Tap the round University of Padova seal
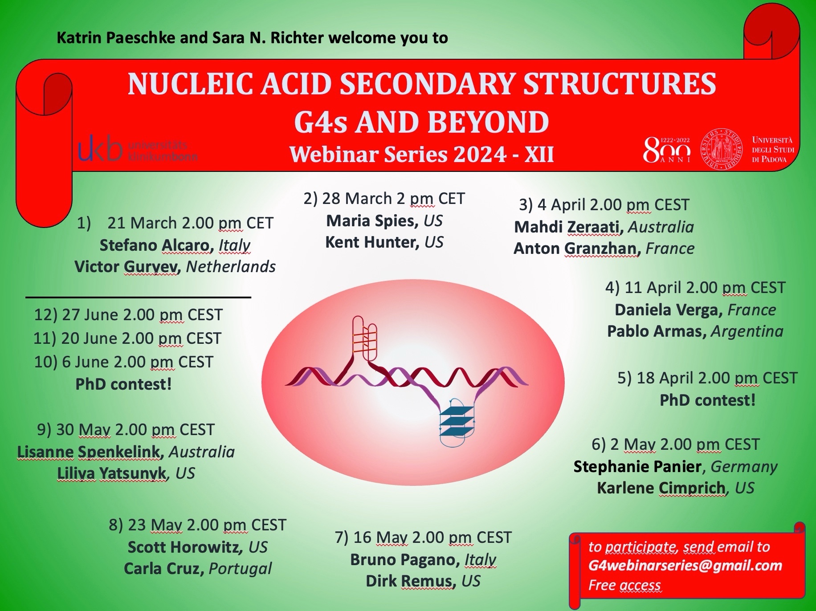tap(722, 149)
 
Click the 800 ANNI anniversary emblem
tap(667, 150)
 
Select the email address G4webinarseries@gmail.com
tap(685, 566)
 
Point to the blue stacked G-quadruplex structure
tap(457, 421)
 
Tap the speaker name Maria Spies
tap(372, 221)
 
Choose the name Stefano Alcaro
tap(155, 245)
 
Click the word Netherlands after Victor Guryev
tap(231, 267)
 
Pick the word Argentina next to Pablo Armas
tap(747, 332)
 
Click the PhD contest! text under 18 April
tap(707, 400)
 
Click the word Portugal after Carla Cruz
tap(240, 569)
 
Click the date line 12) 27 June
tap(128, 315)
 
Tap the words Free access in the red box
tap(624, 585)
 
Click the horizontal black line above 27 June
tap(139, 297)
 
